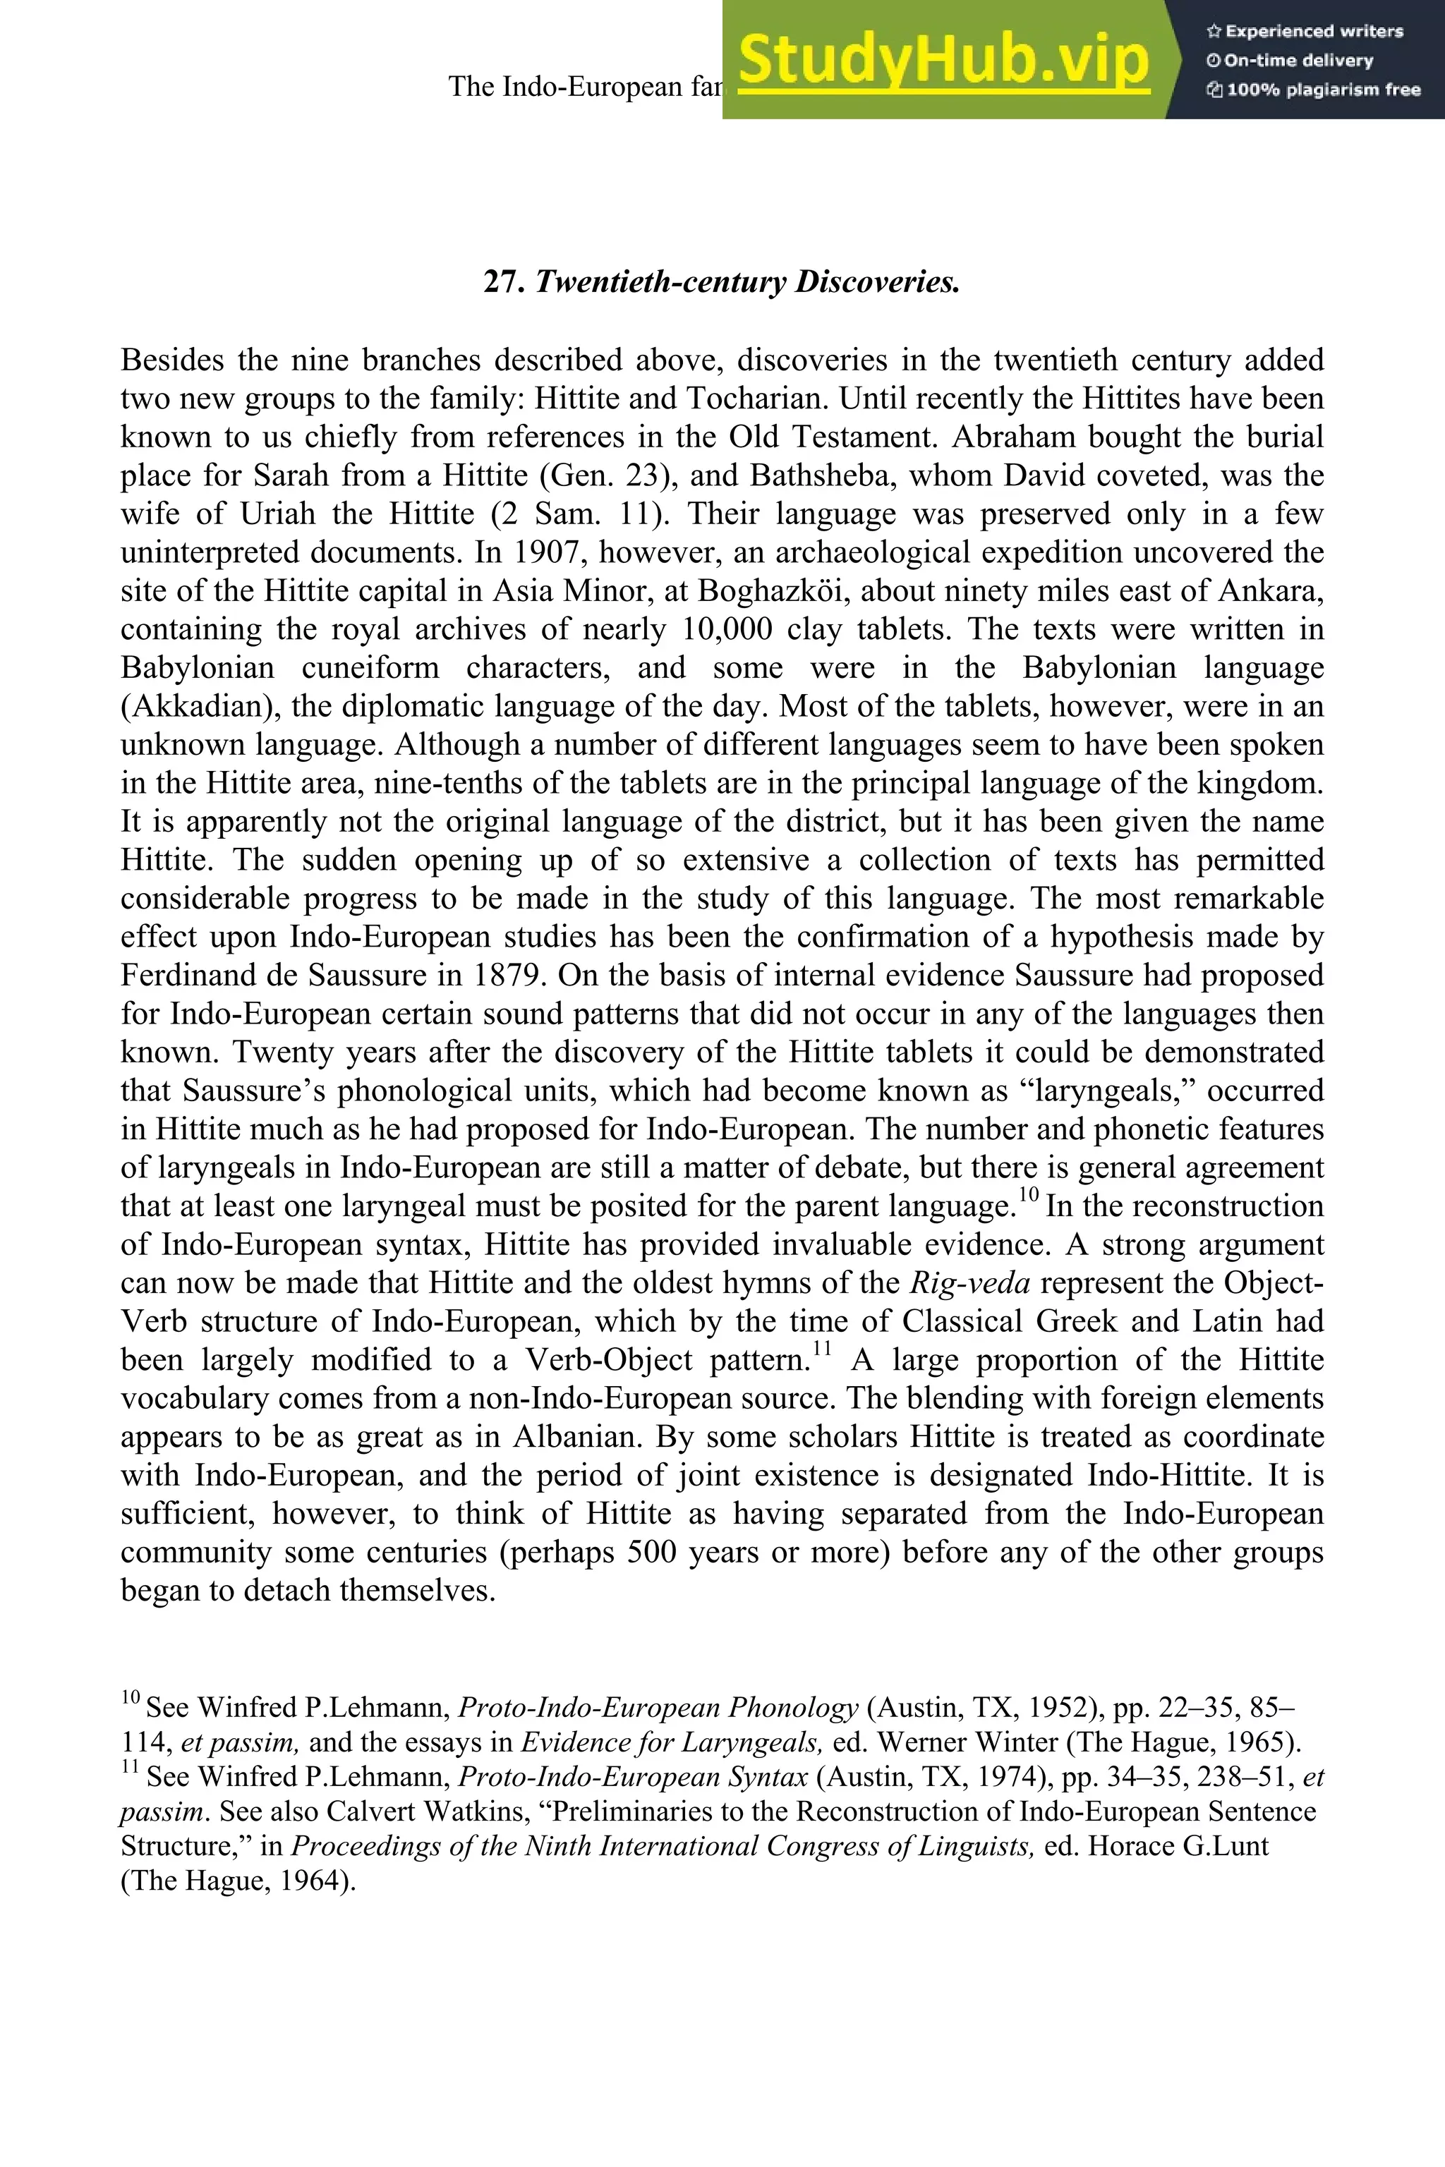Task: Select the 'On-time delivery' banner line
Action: point(1290,61)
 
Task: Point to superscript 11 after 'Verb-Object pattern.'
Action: point(822,1349)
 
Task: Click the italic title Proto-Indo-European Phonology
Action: point(658,1707)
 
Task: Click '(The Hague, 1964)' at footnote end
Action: point(238,1879)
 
